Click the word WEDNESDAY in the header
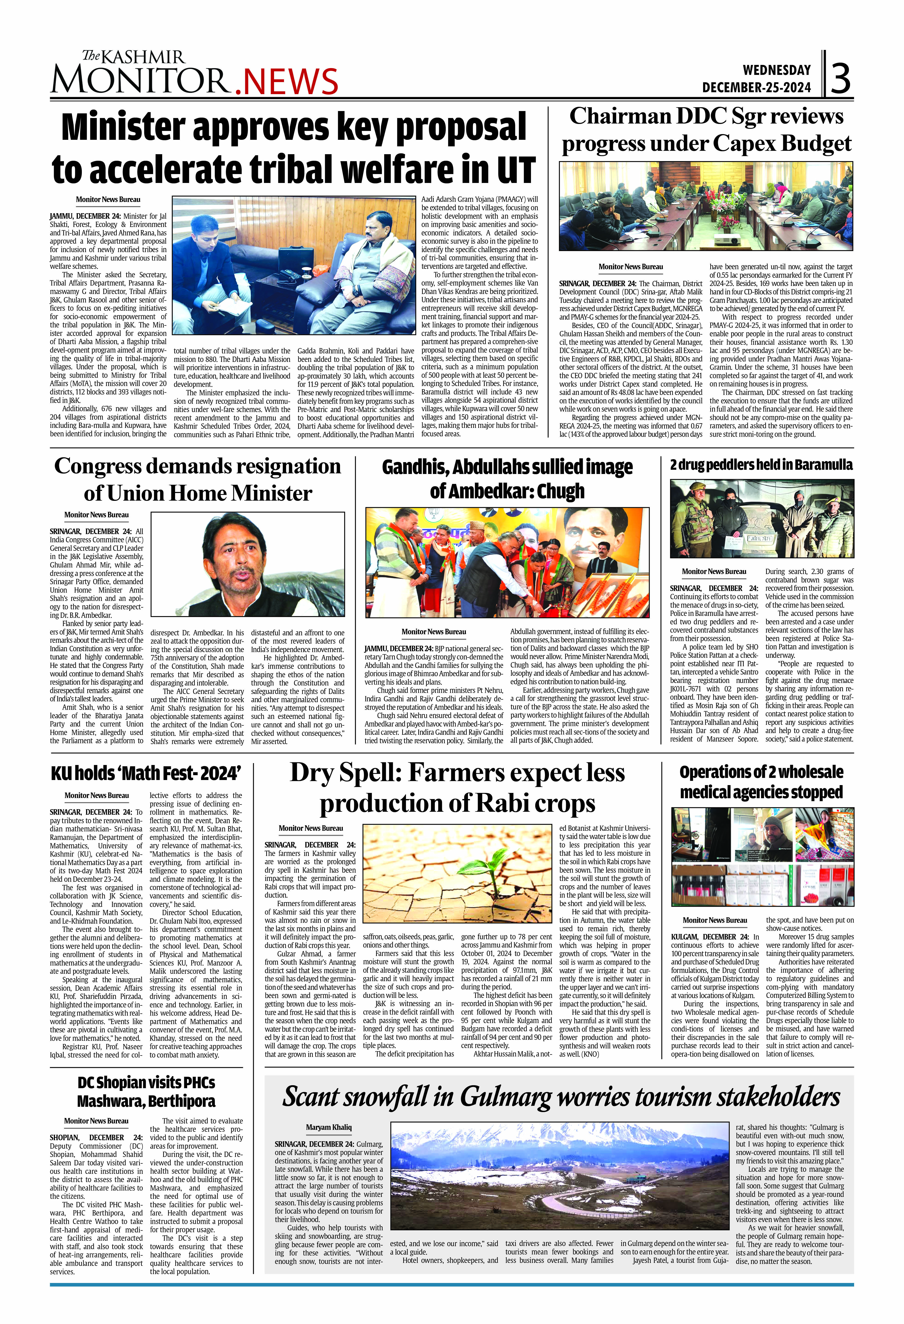776,70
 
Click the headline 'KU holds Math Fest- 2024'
146,774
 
